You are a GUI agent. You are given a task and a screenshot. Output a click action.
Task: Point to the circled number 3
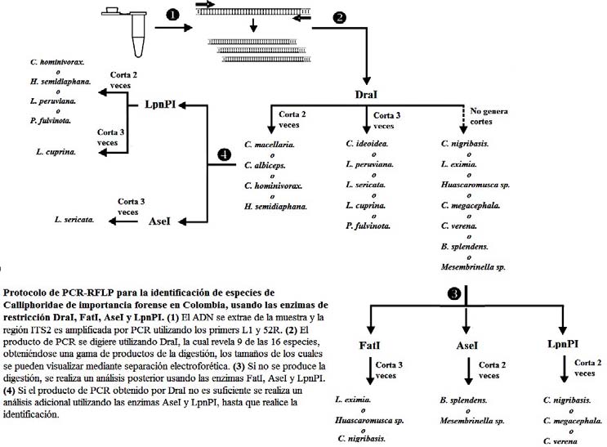454,293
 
